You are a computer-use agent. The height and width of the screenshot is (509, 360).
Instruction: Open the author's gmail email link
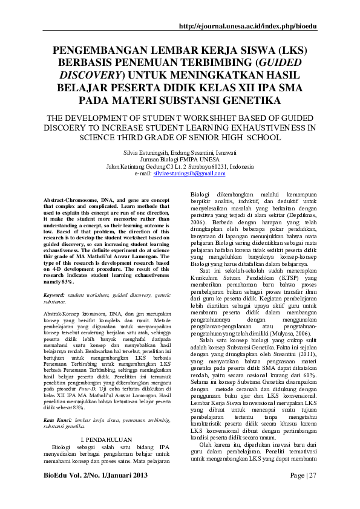(x=189, y=173)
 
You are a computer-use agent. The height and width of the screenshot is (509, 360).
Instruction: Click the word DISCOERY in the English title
(x=65, y=128)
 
